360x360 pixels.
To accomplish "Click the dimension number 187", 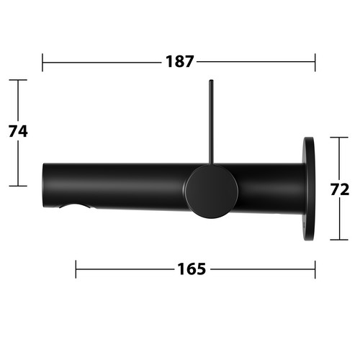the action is pos(179,61).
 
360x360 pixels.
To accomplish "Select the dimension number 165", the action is pos(192,269).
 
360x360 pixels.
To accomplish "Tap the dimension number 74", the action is pos(18,131).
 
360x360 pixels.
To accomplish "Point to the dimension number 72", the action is pos(340,189).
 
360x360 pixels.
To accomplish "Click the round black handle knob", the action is pos(211,192).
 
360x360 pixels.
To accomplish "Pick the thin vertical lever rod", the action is pos(211,122).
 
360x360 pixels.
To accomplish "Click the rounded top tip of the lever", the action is pos(211,80).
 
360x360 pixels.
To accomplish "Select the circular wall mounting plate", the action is pos(309,189).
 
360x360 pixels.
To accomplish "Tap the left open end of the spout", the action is pos(43,185).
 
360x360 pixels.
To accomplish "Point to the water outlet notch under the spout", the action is pos(75,206).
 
